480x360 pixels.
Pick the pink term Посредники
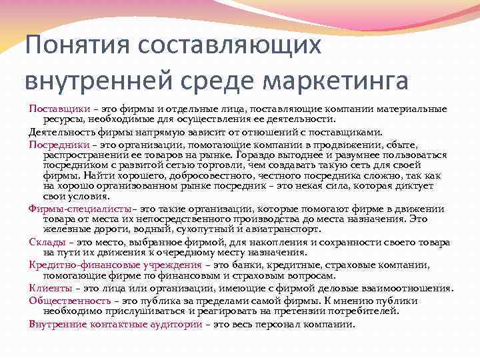52,144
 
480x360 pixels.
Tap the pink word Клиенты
46,288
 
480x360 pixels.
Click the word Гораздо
287,154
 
